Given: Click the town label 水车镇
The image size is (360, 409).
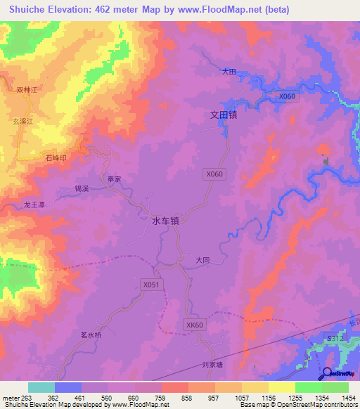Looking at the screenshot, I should point(166,221).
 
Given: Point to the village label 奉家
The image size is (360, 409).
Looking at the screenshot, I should point(115,179).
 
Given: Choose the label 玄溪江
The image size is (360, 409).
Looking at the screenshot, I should point(23,122).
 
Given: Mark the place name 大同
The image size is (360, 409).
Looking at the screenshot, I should point(203,260).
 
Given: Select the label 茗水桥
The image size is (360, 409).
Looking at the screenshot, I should point(91,335).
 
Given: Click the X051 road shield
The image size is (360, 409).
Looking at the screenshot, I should point(151,285).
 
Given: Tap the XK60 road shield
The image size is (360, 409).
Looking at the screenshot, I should point(195,325).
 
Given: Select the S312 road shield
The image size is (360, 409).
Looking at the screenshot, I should point(334,339).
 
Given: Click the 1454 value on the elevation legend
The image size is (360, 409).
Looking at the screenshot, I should point(349,398).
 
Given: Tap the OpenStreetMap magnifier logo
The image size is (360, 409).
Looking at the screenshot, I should point(329,375).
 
